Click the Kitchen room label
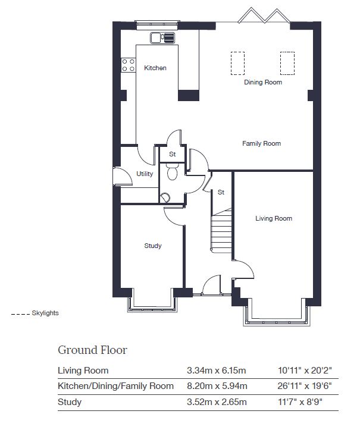point(155,68)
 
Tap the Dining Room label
point(263,82)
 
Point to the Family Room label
point(261,143)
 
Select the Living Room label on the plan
point(274,218)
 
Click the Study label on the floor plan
point(153,246)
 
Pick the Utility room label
point(145,174)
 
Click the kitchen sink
point(162,38)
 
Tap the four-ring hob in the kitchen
point(129,65)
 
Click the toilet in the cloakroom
point(173,171)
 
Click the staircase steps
point(221,231)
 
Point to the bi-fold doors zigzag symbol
point(264,15)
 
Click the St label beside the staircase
point(221,192)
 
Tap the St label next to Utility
point(173,154)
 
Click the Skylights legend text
point(45,313)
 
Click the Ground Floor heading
point(93,350)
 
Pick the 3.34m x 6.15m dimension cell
point(217,371)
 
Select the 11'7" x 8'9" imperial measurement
point(300,401)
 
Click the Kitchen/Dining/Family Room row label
point(115,386)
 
